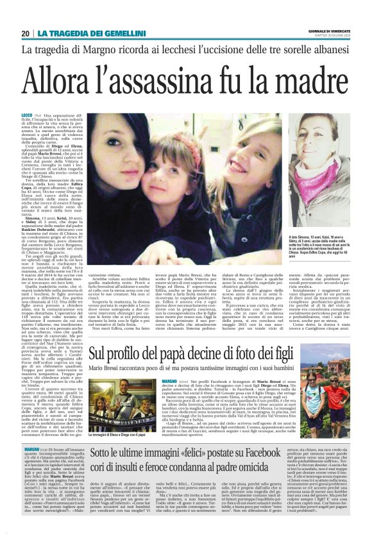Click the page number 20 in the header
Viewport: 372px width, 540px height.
(25, 33)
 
